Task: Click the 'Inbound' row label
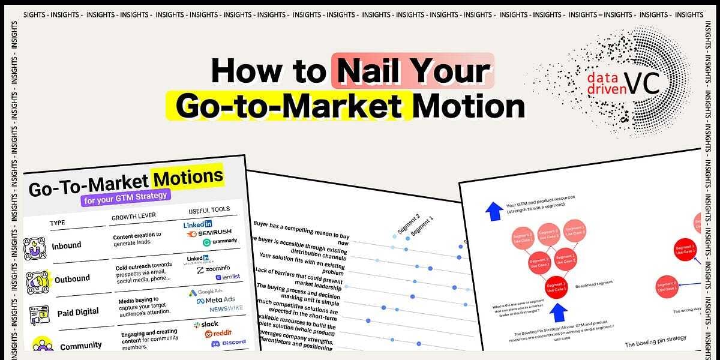coord(67,245)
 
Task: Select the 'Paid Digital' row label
coord(78,313)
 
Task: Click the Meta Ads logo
coord(217,300)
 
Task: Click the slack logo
coord(206,324)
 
